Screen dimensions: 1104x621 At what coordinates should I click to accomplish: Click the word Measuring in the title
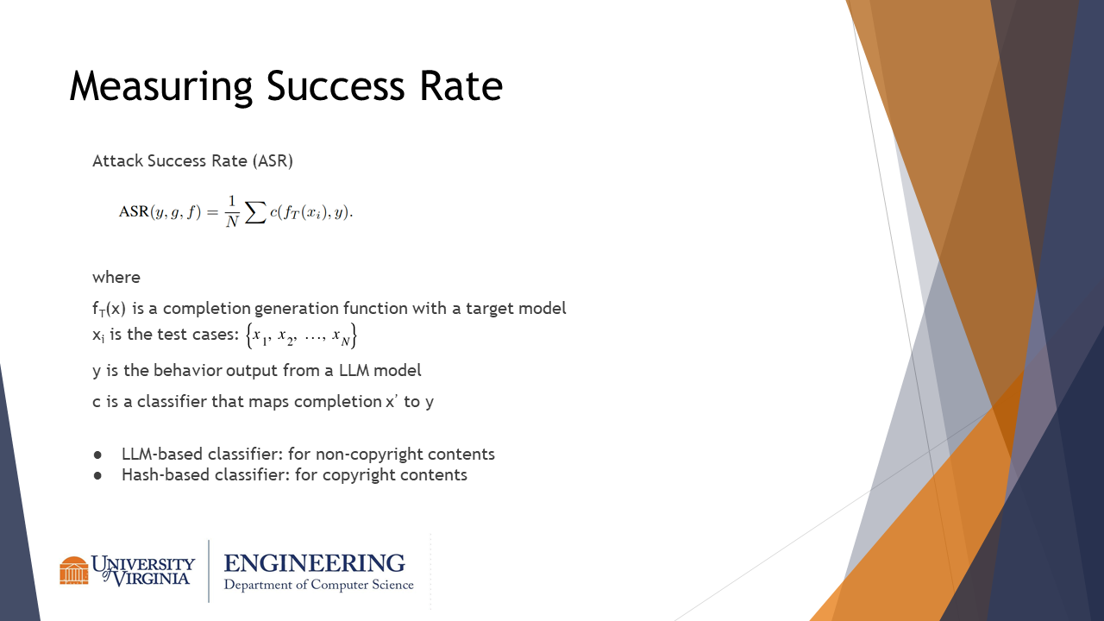tap(161, 87)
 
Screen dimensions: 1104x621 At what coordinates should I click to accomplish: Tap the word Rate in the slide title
tap(461, 85)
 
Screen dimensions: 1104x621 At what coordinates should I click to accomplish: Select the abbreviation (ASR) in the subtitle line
tap(273, 161)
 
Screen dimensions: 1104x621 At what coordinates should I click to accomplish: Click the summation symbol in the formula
tap(255, 212)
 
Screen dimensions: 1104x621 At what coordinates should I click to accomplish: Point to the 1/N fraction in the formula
tap(232, 212)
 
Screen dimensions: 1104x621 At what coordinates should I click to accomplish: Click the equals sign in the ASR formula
tap(212, 212)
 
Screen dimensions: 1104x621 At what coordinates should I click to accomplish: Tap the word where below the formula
tap(116, 278)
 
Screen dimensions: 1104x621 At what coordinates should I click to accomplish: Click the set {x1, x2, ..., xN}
tap(301, 336)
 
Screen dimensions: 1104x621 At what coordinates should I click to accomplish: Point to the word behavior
tap(187, 370)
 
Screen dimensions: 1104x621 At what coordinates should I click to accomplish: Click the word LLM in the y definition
tap(354, 370)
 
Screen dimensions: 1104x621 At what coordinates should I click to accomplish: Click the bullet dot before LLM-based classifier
tap(97, 455)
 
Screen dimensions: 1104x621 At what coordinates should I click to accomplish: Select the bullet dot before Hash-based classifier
tap(97, 475)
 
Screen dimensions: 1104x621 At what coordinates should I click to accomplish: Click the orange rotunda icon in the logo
tap(74, 570)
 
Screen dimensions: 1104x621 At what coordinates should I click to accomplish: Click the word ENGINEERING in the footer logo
tap(315, 563)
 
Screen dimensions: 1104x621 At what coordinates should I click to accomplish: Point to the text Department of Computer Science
tap(319, 585)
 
